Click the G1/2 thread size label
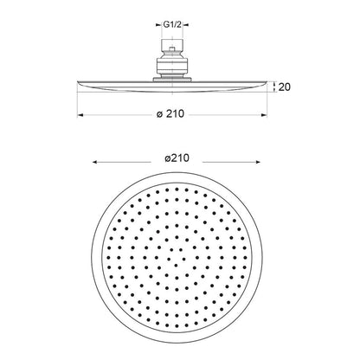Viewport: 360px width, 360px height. click(172, 25)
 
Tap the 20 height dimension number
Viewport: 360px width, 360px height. click(284, 87)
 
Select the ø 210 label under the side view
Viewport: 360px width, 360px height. click(170, 114)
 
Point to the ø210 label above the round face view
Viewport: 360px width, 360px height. click(177, 158)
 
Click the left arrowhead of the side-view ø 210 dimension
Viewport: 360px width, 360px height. click(80, 115)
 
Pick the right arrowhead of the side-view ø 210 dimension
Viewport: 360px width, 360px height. click(264, 115)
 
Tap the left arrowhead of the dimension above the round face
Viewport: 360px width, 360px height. click(95, 162)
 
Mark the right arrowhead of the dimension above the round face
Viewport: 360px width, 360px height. click(257, 162)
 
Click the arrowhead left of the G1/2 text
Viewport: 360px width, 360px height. click(158, 25)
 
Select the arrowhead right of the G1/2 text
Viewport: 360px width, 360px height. click(186, 25)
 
